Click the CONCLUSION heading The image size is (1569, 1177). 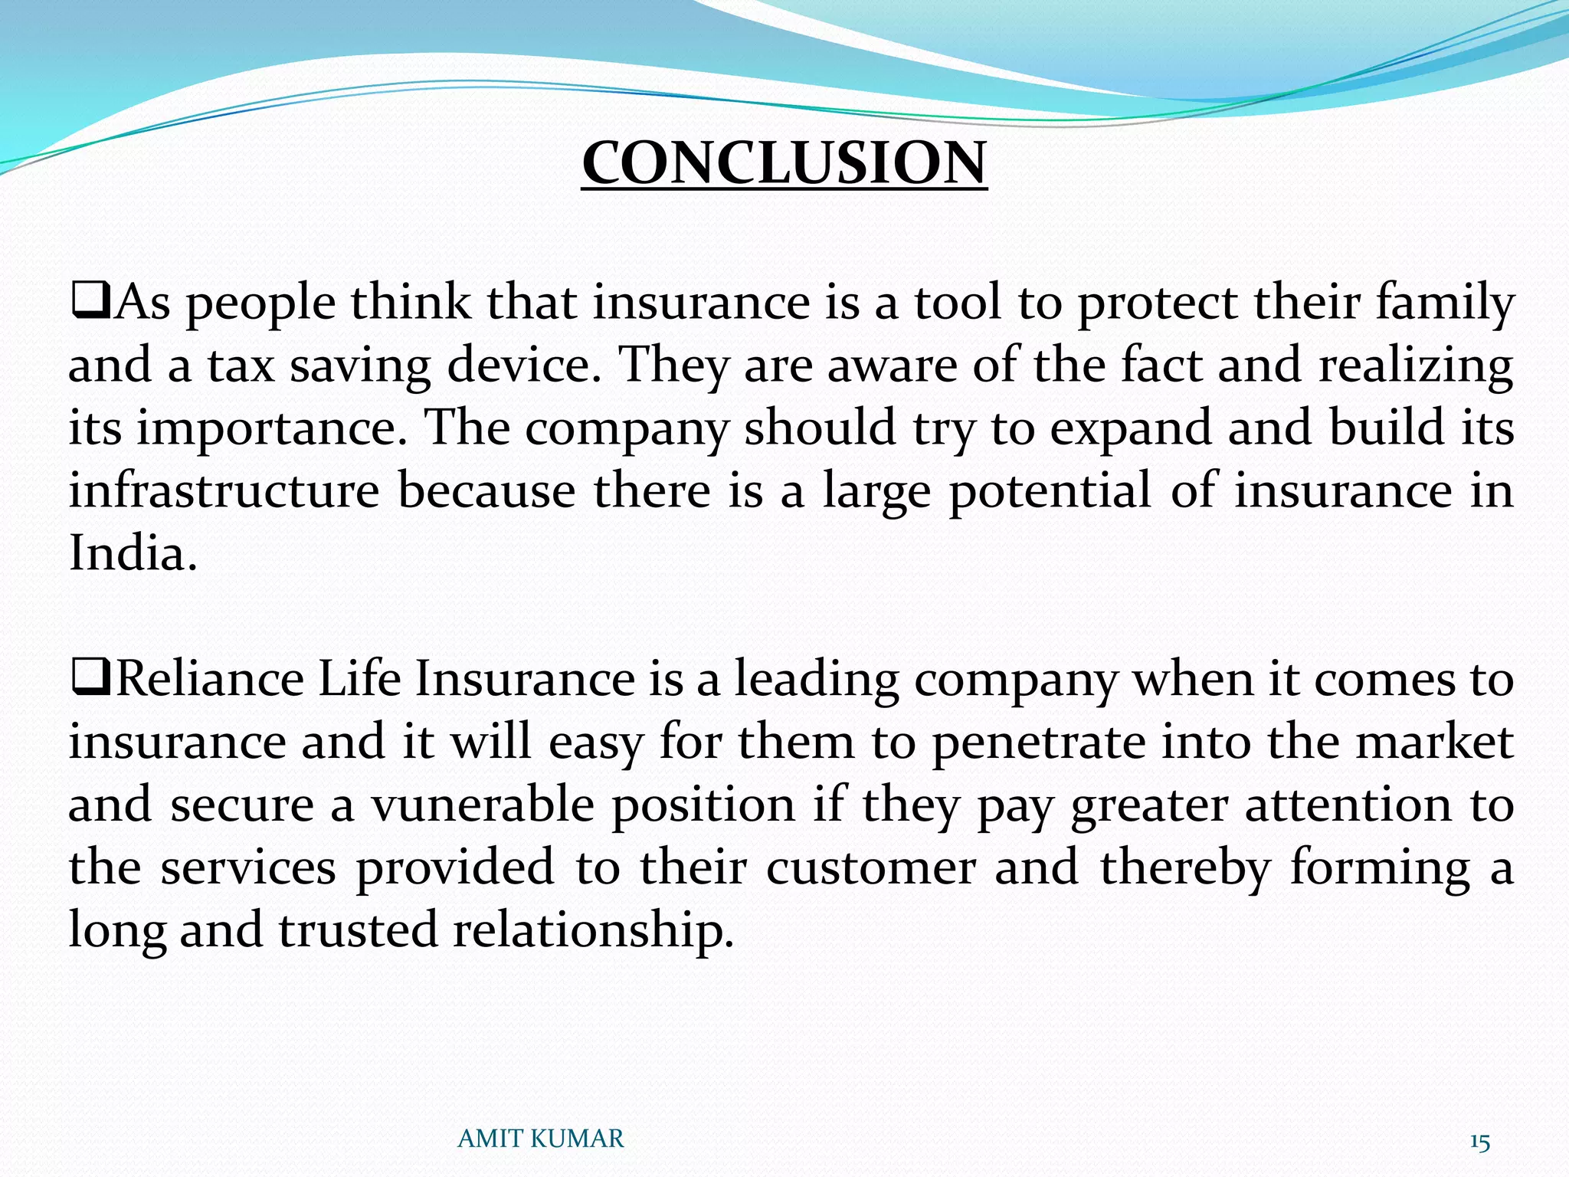coord(784,162)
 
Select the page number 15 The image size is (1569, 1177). coord(1479,1143)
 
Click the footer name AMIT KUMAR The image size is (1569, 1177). coord(540,1139)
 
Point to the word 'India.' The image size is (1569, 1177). coord(133,552)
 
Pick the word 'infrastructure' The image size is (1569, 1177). coord(224,490)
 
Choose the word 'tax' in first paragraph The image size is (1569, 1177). coord(241,366)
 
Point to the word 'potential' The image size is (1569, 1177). coord(1050,490)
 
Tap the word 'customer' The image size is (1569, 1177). coord(871,867)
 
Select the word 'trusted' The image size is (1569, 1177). coord(357,930)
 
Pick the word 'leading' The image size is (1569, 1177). coord(817,680)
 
